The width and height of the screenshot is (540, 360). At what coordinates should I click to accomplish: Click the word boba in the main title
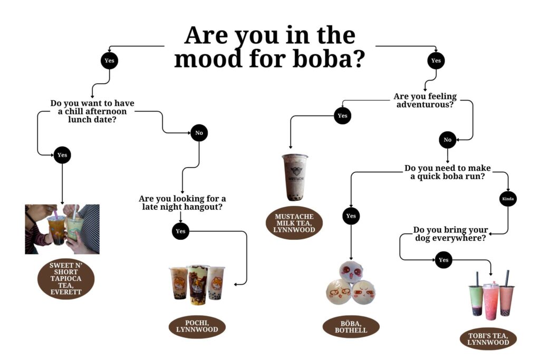324,59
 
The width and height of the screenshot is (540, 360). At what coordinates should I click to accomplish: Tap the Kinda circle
508,199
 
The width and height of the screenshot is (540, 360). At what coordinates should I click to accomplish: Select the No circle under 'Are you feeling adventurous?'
447,140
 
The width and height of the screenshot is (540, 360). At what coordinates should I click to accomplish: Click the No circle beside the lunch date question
199,133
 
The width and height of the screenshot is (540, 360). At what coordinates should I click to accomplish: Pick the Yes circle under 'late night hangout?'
180,231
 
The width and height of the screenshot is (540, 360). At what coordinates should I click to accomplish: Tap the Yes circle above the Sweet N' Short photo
62,155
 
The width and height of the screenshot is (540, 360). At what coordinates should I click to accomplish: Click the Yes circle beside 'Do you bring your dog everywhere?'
443,260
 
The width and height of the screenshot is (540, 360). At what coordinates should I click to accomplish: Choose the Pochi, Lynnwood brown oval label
197,326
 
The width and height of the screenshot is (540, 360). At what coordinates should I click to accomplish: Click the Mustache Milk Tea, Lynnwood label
294,223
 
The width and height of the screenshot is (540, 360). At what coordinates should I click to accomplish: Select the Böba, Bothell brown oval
351,327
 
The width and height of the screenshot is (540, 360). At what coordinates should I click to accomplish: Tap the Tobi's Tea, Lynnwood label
488,339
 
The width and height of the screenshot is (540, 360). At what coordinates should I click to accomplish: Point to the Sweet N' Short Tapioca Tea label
66,278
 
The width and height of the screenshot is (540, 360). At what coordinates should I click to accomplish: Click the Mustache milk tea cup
295,177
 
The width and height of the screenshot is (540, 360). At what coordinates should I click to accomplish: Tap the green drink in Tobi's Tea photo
476,299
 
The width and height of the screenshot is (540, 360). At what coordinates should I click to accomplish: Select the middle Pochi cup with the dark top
198,285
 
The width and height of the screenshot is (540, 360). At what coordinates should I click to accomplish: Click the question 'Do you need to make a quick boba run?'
447,172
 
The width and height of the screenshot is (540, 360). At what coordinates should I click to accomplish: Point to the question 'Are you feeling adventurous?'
425,100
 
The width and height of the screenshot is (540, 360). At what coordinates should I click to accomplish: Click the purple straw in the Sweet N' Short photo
55,214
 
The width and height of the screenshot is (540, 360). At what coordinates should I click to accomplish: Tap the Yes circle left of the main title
110,61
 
